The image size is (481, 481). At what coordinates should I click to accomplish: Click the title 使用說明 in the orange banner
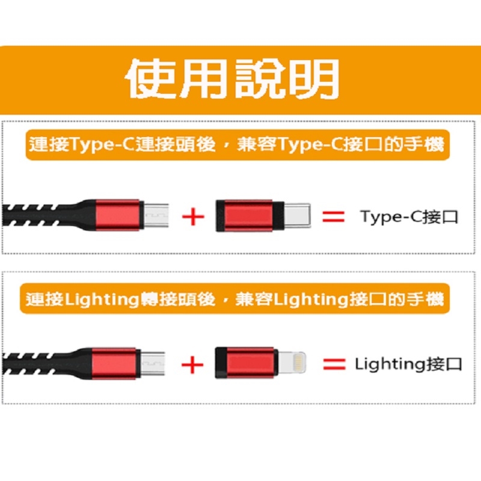[231, 78]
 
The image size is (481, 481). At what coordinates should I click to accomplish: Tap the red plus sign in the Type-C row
[192, 216]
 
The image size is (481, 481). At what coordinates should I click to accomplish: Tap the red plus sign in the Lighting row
[192, 364]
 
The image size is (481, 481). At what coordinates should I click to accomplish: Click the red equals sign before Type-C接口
[334, 216]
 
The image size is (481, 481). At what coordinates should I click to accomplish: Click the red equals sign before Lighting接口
[334, 364]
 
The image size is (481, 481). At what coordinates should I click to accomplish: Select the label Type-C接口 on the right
[409, 216]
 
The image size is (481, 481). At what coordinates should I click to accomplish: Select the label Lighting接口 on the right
[408, 364]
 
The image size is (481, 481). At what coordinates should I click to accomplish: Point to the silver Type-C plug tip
[298, 216]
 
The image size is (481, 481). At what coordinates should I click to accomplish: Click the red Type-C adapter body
[247, 216]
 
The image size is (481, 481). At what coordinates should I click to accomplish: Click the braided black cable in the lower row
[36, 364]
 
